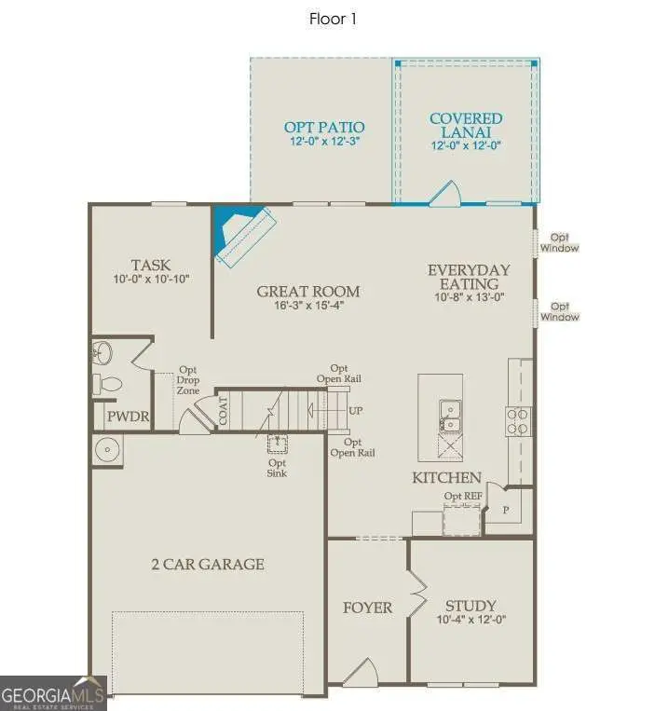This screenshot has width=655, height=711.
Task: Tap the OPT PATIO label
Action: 324,127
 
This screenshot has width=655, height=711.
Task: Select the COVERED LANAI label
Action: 466,125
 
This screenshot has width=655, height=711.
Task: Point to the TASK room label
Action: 150,265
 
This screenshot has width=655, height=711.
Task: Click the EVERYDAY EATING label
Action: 469,277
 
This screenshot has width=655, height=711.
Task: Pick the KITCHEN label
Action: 447,478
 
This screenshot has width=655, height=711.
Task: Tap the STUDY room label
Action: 470,605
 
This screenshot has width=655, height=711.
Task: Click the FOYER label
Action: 367,608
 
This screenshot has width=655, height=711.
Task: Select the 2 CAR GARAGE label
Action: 208,564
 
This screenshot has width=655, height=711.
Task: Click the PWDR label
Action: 128,417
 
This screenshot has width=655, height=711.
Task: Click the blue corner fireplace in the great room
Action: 227,233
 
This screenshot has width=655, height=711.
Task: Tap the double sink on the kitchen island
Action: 449,417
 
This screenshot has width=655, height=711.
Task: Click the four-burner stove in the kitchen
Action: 518,421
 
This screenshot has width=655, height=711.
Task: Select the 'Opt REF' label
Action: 463,497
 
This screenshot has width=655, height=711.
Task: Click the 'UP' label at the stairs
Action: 355,410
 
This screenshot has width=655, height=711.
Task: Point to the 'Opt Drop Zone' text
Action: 189,381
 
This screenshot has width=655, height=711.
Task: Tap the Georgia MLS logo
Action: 53,694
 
